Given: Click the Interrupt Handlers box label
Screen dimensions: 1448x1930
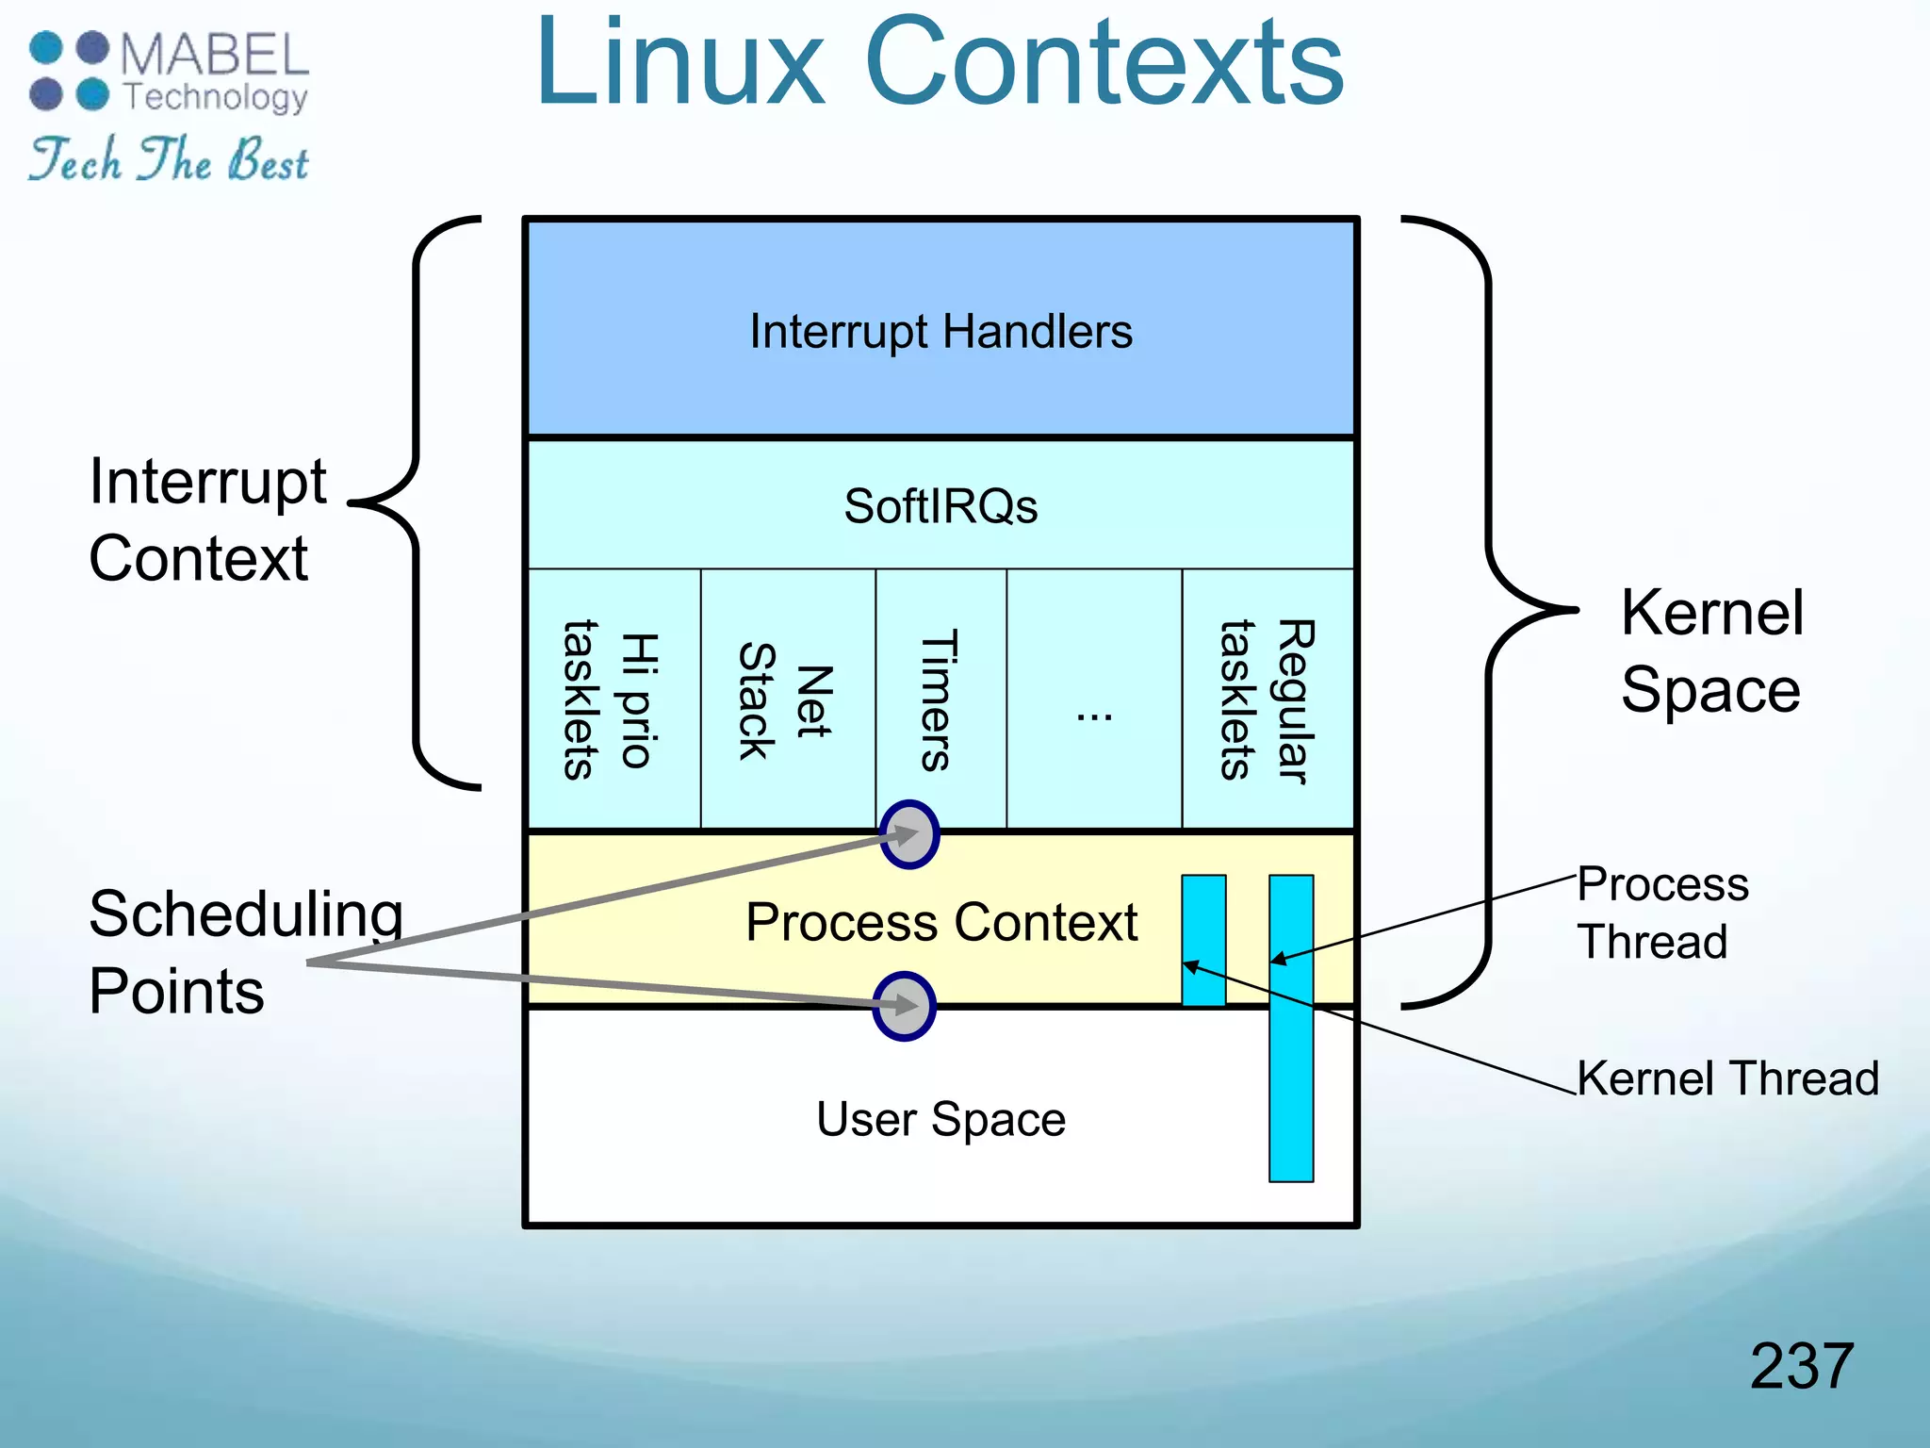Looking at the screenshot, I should tap(940, 332).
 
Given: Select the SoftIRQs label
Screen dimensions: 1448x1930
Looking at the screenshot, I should tap(940, 506).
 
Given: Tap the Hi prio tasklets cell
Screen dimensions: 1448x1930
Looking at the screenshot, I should tap(610, 700).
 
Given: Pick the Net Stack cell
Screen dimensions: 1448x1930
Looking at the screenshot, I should tap(785, 700).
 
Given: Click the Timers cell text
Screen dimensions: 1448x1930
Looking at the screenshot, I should tap(940, 700).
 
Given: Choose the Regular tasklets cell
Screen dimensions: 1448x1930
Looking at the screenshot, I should tap(1267, 700).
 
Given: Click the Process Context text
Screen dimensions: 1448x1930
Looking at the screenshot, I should tap(940, 921).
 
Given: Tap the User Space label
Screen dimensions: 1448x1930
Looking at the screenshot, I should tap(940, 1119).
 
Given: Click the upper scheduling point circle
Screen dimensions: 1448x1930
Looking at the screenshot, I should tap(909, 834).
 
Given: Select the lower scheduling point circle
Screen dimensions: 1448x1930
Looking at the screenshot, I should tap(904, 1006).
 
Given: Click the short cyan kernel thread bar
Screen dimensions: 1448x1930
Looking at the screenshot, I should tap(1203, 940).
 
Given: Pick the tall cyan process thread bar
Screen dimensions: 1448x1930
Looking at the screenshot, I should tap(1291, 1028).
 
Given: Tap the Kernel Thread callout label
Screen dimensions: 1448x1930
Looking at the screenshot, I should tap(1727, 1078).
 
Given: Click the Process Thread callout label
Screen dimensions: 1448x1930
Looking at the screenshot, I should tap(1662, 913).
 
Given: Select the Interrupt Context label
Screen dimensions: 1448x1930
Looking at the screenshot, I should tap(207, 519).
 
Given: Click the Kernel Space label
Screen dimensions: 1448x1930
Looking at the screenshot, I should tap(1711, 650).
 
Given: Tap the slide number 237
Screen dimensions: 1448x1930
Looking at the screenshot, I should tap(1801, 1365).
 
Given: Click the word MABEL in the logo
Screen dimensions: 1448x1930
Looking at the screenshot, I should tap(215, 54).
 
